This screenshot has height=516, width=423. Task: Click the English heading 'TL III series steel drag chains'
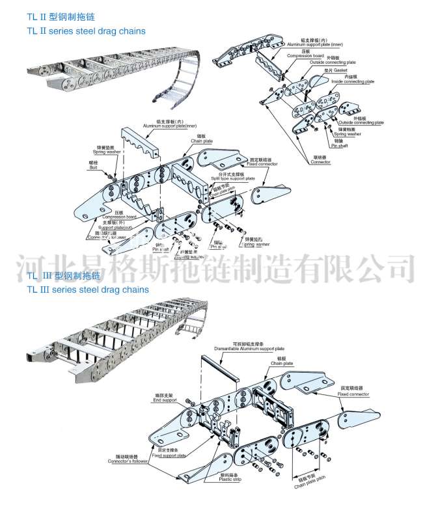click(87, 290)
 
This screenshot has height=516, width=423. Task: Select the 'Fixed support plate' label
click(171, 455)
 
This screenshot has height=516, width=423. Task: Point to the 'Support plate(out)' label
click(103, 226)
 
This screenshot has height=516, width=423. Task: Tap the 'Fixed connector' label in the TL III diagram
click(353, 394)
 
